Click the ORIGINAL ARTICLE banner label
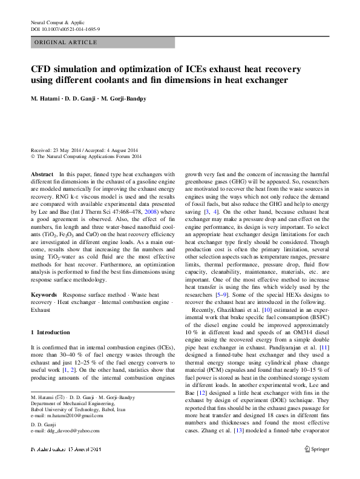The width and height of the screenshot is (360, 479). click(x=65, y=42)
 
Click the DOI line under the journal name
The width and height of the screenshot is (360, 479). click(x=65, y=28)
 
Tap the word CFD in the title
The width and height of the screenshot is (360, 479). click(x=42, y=69)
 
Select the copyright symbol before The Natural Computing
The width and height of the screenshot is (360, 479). click(x=33, y=157)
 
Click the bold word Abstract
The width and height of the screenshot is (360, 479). click(x=42, y=173)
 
